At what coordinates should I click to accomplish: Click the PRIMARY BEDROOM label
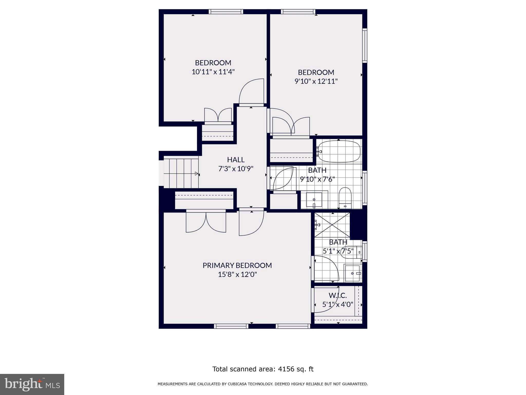(237, 265)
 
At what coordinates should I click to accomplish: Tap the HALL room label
(236, 160)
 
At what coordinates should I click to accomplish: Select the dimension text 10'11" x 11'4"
(213, 72)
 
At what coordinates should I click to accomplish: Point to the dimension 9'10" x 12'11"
(316, 81)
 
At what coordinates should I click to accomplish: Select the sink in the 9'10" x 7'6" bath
(314, 200)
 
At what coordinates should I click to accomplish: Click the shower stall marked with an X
(332, 225)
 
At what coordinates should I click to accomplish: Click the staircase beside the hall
(181, 173)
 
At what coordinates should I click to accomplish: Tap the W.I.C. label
(337, 296)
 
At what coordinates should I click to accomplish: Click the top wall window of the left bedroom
(226, 12)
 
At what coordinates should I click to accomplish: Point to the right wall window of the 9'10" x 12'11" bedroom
(364, 46)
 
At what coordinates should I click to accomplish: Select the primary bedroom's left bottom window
(231, 326)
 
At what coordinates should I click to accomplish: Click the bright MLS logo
(32, 384)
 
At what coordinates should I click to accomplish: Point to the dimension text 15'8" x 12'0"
(237, 275)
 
